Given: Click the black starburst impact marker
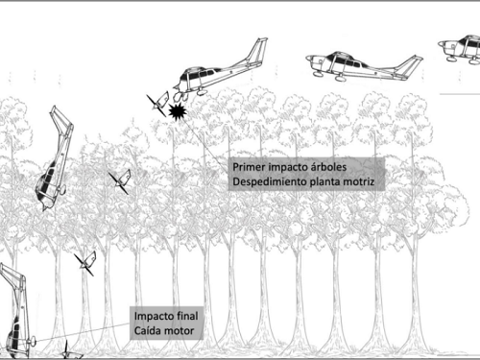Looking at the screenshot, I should [x=176, y=113].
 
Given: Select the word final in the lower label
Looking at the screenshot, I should [x=197, y=316].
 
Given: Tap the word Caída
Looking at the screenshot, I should [x=150, y=332].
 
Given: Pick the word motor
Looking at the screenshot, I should [x=185, y=332].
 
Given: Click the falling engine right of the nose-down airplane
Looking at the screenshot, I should [x=120, y=180].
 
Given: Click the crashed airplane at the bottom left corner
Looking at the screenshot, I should [x=14, y=317].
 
